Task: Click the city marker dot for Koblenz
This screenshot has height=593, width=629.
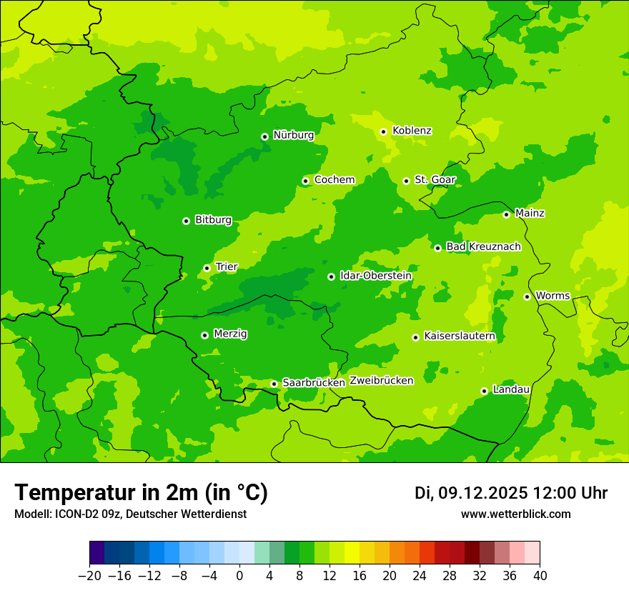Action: (x=383, y=131)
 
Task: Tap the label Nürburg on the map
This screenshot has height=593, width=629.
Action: (x=293, y=135)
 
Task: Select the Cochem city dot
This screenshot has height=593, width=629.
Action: (x=305, y=181)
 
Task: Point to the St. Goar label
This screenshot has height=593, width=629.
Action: (x=435, y=179)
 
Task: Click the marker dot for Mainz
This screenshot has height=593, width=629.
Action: (x=506, y=214)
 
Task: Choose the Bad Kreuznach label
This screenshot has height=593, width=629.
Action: (x=483, y=246)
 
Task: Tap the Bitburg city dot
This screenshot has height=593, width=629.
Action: (x=186, y=221)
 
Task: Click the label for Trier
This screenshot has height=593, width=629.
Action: (x=227, y=266)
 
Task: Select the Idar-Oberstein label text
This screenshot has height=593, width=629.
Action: (x=375, y=276)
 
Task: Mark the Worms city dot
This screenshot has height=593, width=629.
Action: (x=527, y=296)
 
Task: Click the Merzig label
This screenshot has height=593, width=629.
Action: (x=231, y=334)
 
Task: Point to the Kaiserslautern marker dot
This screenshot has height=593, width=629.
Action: (x=415, y=337)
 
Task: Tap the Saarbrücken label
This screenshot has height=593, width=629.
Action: (x=314, y=383)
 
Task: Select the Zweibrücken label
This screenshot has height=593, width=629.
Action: (x=381, y=381)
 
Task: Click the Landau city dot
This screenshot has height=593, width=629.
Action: (x=484, y=391)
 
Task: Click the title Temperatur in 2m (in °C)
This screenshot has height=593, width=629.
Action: (x=141, y=492)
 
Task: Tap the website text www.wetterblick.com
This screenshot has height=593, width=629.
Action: (x=515, y=514)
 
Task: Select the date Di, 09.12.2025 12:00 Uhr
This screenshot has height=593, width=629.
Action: (x=510, y=493)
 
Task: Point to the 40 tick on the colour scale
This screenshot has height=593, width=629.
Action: (x=540, y=576)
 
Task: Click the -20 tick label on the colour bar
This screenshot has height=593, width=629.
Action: (x=89, y=576)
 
